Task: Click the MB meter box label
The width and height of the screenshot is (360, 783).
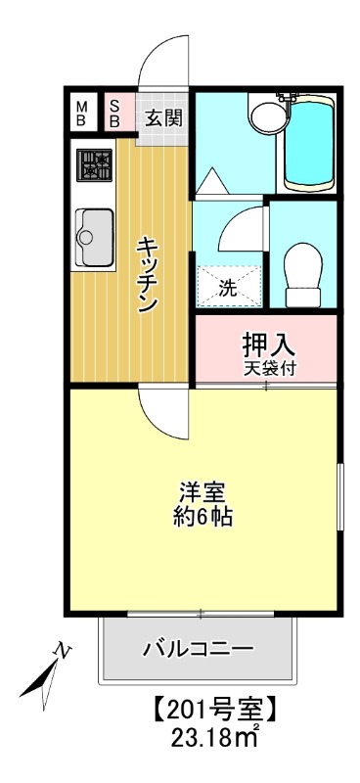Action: [82, 113]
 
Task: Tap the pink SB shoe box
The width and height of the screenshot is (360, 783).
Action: [114, 113]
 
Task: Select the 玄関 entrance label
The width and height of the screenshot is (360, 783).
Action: [162, 118]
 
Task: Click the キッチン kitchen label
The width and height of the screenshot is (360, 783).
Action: [148, 275]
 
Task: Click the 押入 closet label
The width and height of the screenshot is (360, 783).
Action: [268, 345]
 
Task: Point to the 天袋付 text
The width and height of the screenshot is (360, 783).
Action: [268, 369]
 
